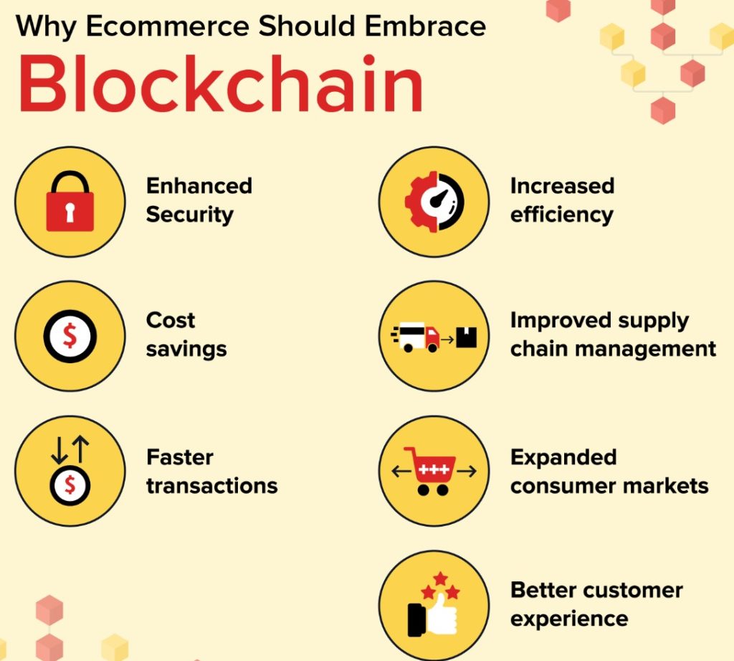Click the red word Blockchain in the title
(221, 83)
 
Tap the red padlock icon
(70, 201)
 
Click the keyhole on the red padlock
(70, 212)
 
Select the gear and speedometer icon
(434, 202)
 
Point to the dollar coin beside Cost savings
(70, 336)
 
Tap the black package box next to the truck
(466, 337)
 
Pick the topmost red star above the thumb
(440, 578)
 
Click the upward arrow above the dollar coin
(82, 449)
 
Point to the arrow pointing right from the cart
(467, 471)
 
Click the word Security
(189, 215)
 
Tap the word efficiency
(562, 215)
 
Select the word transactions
(212, 486)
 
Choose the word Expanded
(563, 458)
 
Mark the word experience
(569, 619)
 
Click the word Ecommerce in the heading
(168, 26)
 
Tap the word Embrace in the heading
(426, 26)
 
